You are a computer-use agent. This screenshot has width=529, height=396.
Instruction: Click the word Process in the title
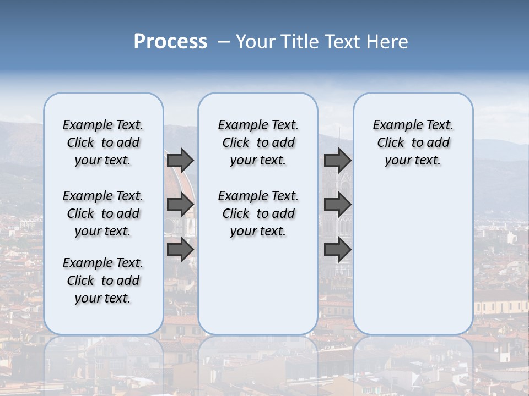tap(170, 42)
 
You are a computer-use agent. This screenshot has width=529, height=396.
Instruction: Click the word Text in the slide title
tap(343, 42)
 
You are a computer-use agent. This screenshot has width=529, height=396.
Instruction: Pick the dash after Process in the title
tap(223, 42)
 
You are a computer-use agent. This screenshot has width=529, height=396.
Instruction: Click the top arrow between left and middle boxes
tap(180, 160)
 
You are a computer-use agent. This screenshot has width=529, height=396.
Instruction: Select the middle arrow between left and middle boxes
tap(180, 205)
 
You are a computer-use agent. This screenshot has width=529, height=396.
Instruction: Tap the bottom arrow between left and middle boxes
tap(180, 250)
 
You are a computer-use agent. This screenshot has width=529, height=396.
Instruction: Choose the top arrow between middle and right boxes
tap(337, 160)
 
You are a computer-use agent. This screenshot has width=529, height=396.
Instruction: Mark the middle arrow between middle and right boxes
tap(337, 205)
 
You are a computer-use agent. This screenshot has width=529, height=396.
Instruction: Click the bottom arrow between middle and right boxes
tap(337, 250)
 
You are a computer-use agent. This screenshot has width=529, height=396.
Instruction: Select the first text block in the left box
tap(103, 142)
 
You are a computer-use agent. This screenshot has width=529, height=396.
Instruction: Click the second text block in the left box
tap(103, 213)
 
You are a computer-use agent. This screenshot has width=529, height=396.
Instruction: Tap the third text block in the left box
tap(103, 280)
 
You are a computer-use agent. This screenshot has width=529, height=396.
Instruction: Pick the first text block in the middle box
tap(258, 142)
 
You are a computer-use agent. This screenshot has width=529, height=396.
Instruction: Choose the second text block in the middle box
tap(258, 213)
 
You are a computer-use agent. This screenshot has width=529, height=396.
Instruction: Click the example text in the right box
tap(413, 142)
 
